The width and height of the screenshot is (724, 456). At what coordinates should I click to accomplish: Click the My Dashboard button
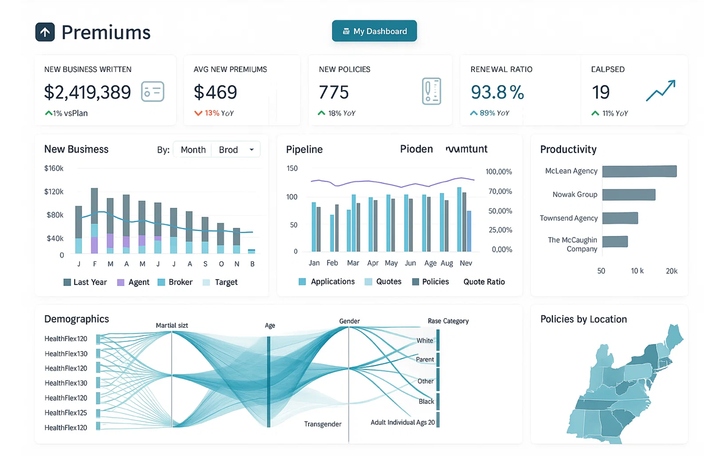tap(374, 31)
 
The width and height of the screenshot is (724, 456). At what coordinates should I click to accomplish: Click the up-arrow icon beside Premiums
tap(45, 32)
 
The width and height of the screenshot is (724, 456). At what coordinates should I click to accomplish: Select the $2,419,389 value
tap(87, 92)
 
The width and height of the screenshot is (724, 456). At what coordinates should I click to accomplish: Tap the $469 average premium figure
tap(215, 92)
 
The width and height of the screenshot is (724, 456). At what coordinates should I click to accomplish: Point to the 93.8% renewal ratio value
tap(497, 92)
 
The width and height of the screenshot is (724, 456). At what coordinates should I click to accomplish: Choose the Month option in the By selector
tap(193, 149)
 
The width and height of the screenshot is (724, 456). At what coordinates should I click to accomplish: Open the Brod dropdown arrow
tap(252, 149)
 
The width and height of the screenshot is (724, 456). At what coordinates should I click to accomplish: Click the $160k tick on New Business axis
tap(54, 168)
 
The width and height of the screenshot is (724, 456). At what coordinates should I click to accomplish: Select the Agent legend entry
tap(134, 282)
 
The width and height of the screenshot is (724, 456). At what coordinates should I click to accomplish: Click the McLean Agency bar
tap(639, 171)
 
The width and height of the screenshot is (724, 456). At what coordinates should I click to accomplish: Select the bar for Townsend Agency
tap(620, 218)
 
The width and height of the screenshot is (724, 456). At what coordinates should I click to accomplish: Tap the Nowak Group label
tap(574, 194)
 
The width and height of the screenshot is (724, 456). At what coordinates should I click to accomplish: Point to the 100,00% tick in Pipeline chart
tap(499, 172)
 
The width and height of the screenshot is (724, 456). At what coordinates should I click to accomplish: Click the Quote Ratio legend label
tap(484, 281)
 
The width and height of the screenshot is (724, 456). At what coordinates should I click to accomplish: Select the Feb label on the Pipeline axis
tap(332, 263)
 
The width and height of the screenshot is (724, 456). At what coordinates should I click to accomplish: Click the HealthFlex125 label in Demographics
tap(66, 413)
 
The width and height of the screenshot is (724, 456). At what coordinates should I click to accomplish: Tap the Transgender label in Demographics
tap(323, 424)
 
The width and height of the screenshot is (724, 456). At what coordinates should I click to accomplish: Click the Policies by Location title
tap(583, 319)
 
